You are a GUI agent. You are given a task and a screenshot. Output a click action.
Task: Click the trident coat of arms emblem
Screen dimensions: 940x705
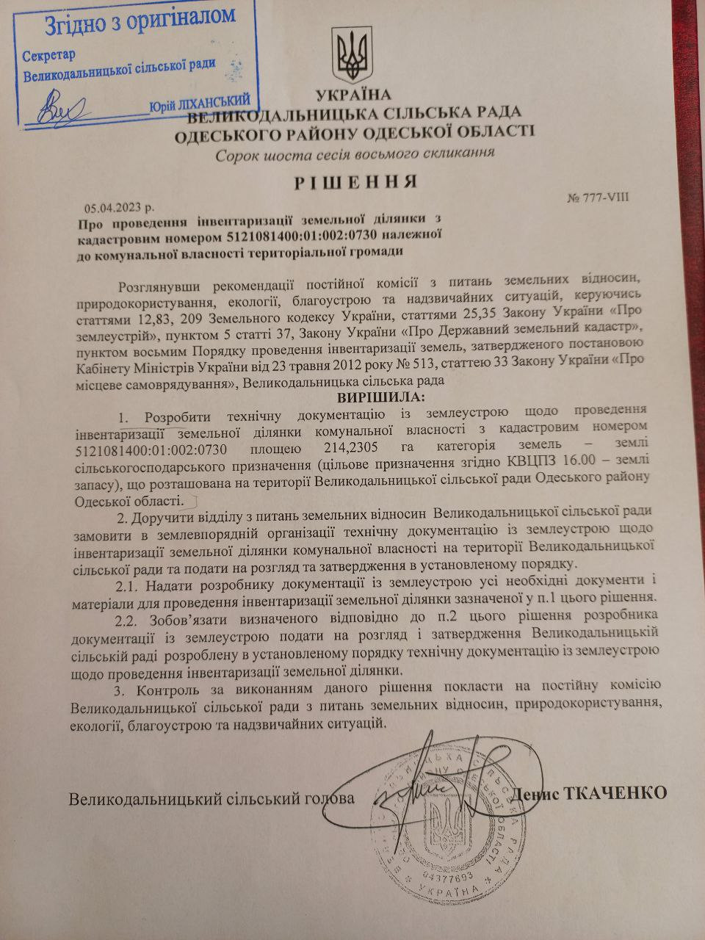(x=354, y=56)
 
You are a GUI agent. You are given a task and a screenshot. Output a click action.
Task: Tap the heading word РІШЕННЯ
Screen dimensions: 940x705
(x=355, y=182)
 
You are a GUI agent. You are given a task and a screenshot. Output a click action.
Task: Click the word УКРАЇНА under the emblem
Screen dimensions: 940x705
(x=354, y=95)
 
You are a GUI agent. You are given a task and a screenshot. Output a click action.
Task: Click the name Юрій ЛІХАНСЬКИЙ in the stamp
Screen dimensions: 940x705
(x=200, y=103)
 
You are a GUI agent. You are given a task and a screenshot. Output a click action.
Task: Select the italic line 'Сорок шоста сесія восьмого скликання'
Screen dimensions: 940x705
(x=355, y=154)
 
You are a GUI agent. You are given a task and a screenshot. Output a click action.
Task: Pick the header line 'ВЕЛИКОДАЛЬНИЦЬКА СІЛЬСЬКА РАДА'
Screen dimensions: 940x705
(x=355, y=112)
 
